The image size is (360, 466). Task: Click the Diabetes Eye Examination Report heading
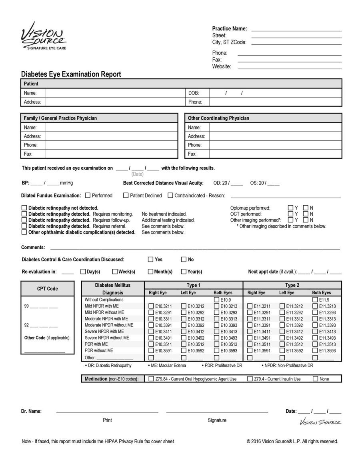[x=71, y=74]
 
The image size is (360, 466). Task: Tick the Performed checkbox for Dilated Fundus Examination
[x=88, y=196]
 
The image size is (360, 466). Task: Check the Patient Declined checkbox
[x=126, y=196]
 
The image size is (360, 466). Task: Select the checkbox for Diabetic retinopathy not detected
[x=24, y=208]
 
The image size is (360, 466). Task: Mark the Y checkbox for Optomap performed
[x=291, y=208]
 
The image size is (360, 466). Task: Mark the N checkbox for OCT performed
[x=306, y=214]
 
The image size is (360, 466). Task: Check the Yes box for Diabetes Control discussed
[x=151, y=259]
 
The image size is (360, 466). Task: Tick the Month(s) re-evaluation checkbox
[x=151, y=272]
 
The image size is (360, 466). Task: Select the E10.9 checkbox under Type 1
[x=216, y=300]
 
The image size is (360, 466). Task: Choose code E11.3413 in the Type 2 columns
[x=315, y=332]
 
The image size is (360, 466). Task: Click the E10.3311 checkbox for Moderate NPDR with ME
[x=151, y=319]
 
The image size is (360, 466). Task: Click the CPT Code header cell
[x=48, y=289]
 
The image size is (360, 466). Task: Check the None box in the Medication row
[x=315, y=379]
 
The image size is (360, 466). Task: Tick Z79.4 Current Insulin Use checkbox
[x=250, y=379]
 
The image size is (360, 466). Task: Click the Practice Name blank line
[x=296, y=28]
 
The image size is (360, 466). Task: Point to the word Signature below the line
[x=217, y=420]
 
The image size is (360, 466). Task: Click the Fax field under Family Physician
[x=111, y=154]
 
